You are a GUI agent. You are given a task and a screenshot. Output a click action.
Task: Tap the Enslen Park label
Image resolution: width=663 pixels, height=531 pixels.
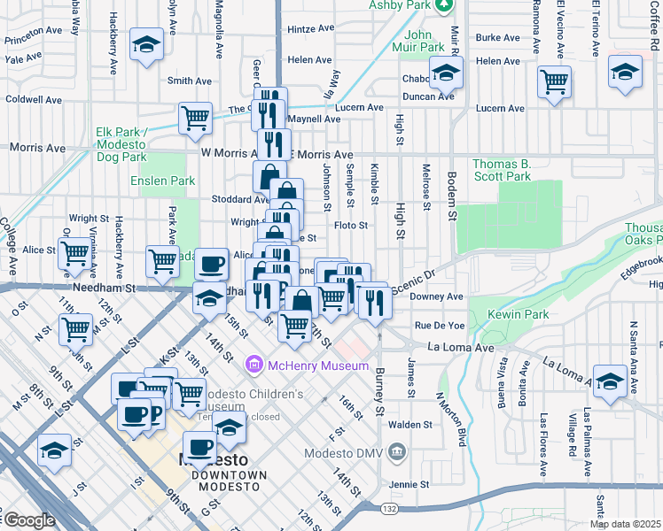tap(162, 181)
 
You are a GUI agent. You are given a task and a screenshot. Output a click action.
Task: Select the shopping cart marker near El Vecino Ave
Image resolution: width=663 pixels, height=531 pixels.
tap(554, 81)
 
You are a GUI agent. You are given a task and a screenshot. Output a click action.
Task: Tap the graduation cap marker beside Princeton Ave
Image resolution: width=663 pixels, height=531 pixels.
tap(145, 44)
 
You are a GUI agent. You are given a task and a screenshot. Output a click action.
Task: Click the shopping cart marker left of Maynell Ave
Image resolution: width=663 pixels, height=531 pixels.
tap(195, 118)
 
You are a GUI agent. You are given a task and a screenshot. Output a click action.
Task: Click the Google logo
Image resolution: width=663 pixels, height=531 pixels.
tap(29, 520)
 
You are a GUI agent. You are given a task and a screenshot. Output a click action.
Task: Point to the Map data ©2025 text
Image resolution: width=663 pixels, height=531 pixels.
tap(626, 524)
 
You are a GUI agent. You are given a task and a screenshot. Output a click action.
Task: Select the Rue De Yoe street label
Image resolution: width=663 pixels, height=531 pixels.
tap(434, 326)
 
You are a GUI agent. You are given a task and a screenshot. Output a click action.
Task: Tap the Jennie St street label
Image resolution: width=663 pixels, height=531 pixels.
tap(409, 485)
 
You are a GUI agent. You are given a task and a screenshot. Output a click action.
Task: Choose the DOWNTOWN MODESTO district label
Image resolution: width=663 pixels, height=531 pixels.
tap(230, 475)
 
